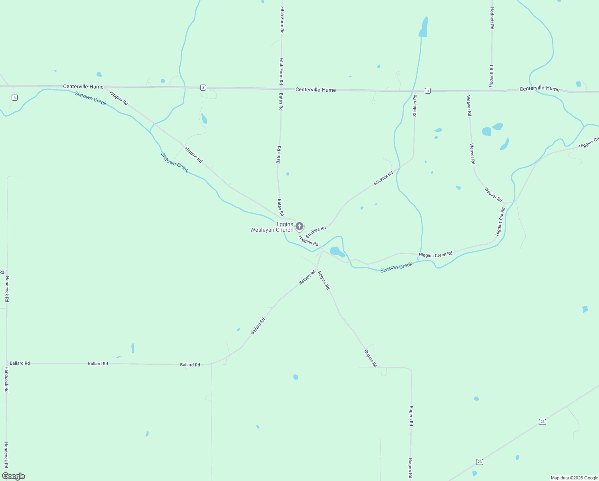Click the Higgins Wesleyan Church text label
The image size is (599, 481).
coord(272,227)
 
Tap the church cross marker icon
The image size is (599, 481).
coord(299,226)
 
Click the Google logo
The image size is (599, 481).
coord(14,476)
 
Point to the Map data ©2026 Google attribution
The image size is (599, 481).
coord(574,478)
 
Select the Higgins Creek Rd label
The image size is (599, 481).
coord(435,255)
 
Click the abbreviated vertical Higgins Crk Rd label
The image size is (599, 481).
coord(500,222)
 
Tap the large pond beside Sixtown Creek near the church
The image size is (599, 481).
coord(336,252)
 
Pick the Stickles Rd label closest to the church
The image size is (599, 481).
coord(316,232)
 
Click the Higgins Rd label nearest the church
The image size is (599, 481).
coord(308,240)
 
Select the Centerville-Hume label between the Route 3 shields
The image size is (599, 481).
coord(316,90)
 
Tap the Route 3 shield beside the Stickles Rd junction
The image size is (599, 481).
coord(428,91)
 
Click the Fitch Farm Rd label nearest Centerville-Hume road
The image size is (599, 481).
coord(281,71)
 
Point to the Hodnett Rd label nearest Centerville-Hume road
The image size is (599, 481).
coord(492,76)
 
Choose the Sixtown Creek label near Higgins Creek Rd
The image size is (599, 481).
coord(396,267)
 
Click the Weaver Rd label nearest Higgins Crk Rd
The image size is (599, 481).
coord(493,195)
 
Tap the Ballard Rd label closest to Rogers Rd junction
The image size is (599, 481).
coord(307,278)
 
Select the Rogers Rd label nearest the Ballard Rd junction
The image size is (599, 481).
coord(324,281)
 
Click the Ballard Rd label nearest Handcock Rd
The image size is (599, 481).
coord(20,363)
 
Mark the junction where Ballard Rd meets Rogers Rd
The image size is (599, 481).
coord(317,269)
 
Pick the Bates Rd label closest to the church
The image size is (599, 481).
coord(281,207)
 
